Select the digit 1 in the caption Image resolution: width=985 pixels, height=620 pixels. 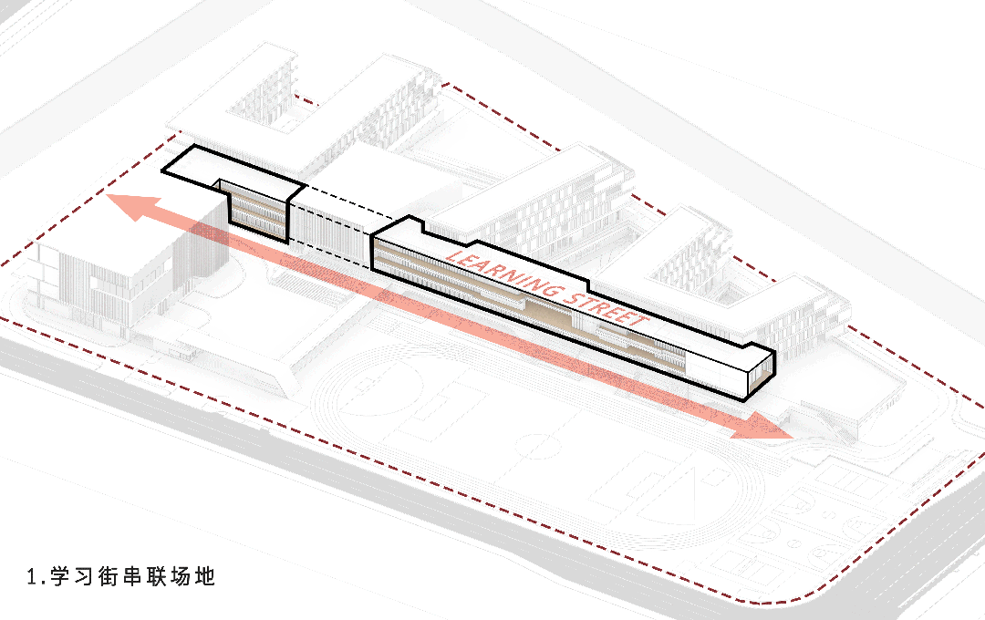pyautogui.click(x=33, y=577)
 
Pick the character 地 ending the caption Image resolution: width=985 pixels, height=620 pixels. pyautogui.click(x=205, y=576)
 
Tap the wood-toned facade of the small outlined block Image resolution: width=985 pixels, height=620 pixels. pyautogui.click(x=257, y=212)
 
